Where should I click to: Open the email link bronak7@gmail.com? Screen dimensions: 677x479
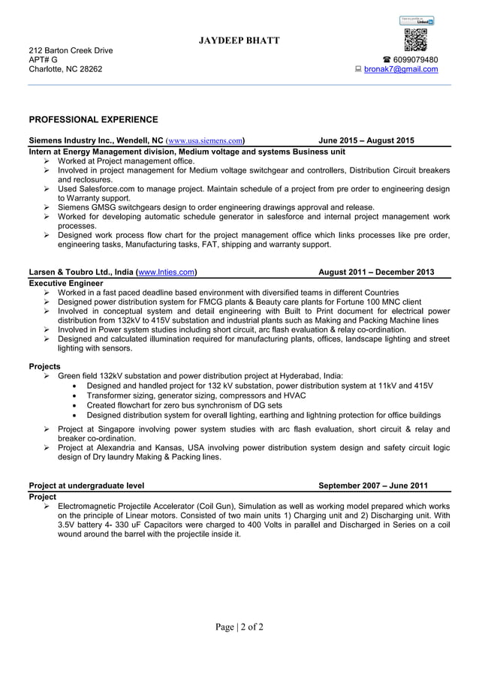(x=402, y=70)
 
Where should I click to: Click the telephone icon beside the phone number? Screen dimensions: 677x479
(x=386, y=60)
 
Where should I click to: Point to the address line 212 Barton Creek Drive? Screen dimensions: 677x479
(x=71, y=50)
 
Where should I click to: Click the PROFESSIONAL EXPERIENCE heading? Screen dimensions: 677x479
(x=93, y=119)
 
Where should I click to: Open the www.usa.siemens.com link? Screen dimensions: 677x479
(x=205, y=140)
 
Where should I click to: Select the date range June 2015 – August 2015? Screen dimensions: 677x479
(x=366, y=140)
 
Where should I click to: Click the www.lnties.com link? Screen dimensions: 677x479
(x=167, y=272)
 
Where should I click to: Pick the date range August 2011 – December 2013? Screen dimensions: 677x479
(x=376, y=272)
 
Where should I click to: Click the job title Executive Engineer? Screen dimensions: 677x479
(x=65, y=283)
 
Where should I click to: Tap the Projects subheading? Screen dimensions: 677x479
(x=44, y=366)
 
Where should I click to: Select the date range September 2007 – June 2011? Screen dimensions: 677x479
(x=373, y=485)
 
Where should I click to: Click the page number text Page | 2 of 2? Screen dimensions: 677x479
(x=239, y=627)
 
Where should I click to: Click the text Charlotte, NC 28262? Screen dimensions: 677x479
(x=65, y=70)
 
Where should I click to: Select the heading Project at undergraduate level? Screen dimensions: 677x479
(x=86, y=485)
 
